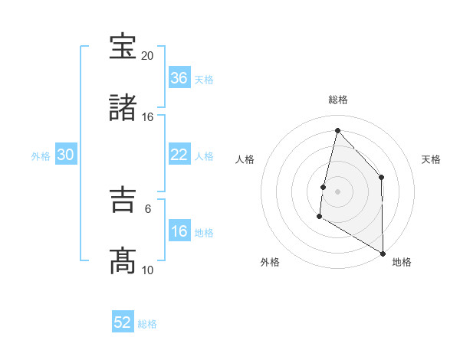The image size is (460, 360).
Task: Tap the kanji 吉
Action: pyautogui.click(x=123, y=201)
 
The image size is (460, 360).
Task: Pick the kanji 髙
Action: pyautogui.click(x=123, y=260)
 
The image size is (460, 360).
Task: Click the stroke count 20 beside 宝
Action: pyautogui.click(x=147, y=56)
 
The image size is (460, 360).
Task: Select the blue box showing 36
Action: pyautogui.click(x=179, y=78)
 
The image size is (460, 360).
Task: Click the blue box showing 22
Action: pyautogui.click(x=179, y=155)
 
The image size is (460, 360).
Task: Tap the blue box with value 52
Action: pyautogui.click(x=123, y=322)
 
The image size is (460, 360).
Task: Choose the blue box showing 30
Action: pyautogui.click(x=66, y=155)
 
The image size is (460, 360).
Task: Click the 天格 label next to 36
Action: pyautogui.click(x=204, y=80)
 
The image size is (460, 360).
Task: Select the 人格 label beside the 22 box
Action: pyautogui.click(x=204, y=156)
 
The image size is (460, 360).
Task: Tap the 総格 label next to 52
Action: pyautogui.click(x=147, y=324)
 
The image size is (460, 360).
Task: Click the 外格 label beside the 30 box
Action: pyautogui.click(x=41, y=156)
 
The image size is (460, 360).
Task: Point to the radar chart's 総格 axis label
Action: pyautogui.click(x=338, y=100)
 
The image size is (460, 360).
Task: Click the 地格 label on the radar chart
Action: pyautogui.click(x=402, y=262)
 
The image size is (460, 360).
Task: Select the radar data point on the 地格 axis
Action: pyautogui.click(x=383, y=253)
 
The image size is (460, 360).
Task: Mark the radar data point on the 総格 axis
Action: pyautogui.click(x=337, y=130)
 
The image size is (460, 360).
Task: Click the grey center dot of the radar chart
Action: pyautogui.click(x=337, y=191)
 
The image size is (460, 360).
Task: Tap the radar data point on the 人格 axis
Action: pyautogui.click(x=324, y=187)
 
